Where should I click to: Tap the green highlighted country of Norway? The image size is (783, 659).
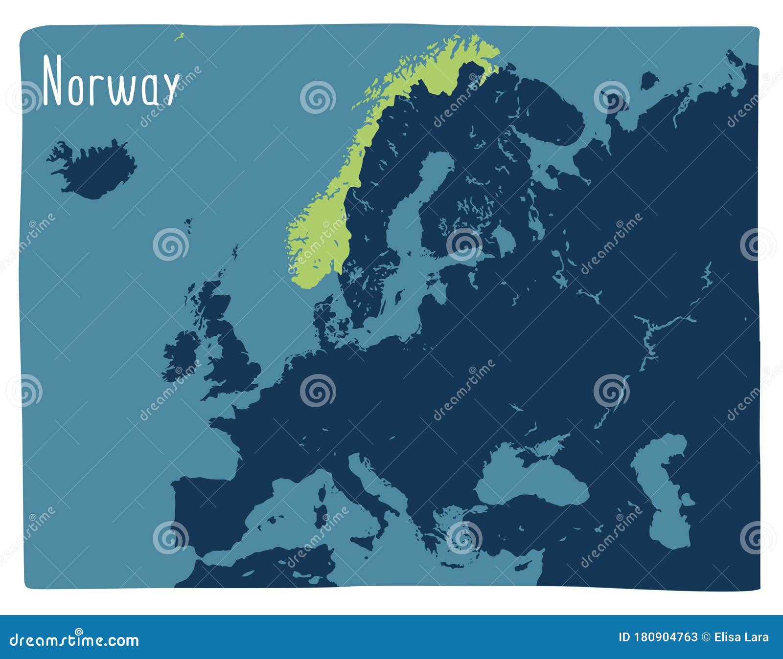[318, 235]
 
